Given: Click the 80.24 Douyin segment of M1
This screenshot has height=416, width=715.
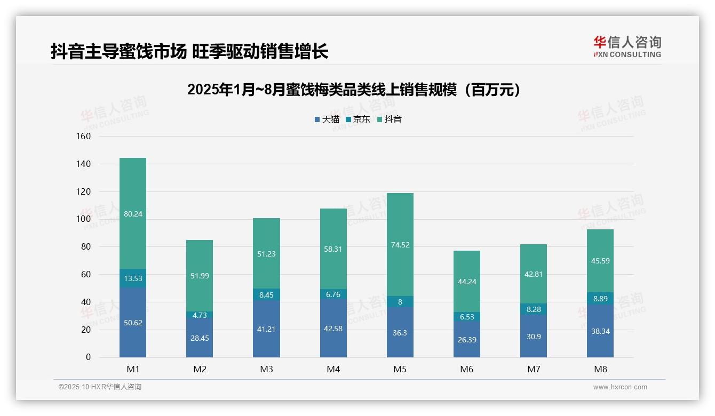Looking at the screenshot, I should pos(133,214).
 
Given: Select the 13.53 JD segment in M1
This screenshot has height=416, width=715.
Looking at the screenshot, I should pos(133,278).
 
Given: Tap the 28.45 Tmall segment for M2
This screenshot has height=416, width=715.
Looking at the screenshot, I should pos(200,338).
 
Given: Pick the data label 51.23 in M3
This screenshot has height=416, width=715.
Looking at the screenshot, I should pos(266,254).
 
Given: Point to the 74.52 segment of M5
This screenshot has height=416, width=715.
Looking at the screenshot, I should pos(400,245).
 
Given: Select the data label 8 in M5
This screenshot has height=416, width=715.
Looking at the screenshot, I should pos(400,302).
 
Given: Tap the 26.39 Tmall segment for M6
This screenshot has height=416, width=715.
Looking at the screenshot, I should pos(467,340).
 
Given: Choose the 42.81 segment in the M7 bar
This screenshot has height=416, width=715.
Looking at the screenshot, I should pos(534,275).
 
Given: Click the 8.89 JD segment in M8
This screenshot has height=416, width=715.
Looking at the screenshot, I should pos(600,299).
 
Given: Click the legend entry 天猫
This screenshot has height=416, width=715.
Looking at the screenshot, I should pos(327,119).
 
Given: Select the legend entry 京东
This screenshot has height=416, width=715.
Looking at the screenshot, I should pos(358,119).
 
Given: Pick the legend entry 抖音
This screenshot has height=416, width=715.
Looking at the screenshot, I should pos(390,119).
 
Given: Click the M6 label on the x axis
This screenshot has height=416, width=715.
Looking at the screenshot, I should pos(467,369).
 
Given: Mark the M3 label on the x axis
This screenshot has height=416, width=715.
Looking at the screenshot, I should pos(266,369).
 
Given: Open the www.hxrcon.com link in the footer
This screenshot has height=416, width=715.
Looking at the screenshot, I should pos(620,387).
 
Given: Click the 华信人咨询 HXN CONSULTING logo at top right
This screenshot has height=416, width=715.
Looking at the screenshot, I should pos(627,46).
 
